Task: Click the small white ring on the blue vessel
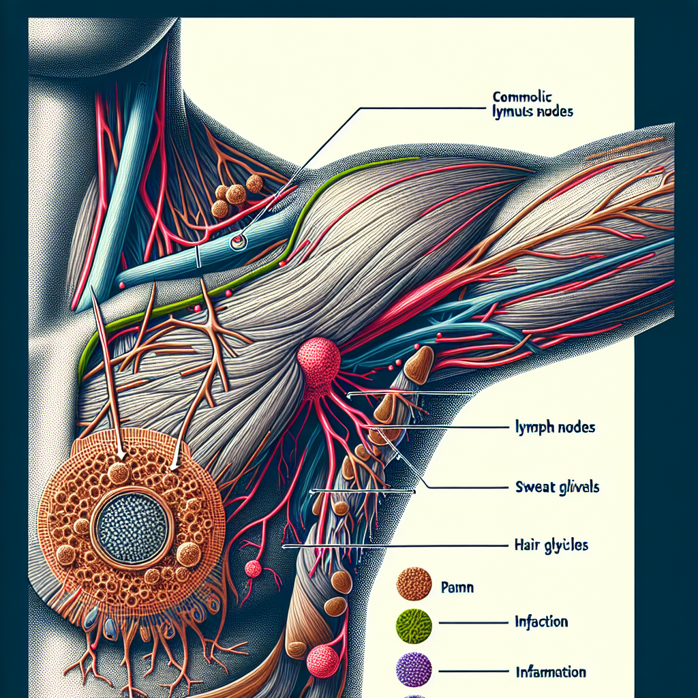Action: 237,241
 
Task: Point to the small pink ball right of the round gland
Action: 253,568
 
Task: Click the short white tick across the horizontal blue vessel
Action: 197,258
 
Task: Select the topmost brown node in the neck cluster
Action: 254,183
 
